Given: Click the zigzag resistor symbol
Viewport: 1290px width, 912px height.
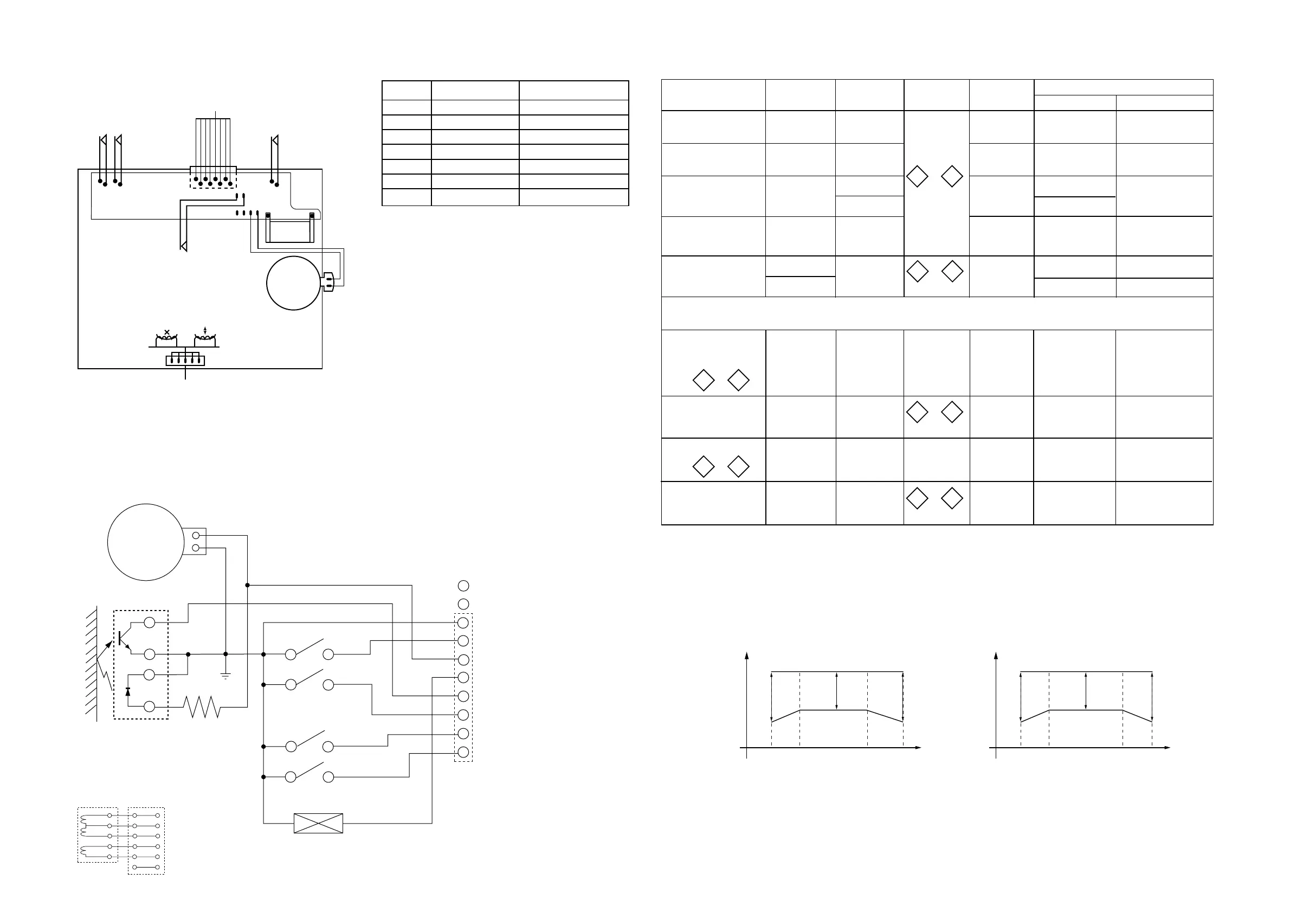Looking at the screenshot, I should [202, 707].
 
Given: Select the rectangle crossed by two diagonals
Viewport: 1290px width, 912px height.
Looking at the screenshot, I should [319, 823].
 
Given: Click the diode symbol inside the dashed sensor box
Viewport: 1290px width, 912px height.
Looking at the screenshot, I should [128, 692].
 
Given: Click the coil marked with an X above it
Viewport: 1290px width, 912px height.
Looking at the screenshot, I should [166, 338].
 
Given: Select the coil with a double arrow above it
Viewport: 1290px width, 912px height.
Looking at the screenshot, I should [205, 338].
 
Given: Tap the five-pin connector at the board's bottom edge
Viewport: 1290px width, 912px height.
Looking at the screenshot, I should [185, 360].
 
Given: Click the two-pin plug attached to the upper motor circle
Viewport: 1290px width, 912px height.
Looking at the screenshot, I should [327, 281].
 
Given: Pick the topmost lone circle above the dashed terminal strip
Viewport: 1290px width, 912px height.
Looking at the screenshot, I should [463, 586].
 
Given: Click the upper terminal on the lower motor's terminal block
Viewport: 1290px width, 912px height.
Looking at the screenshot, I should [196, 536].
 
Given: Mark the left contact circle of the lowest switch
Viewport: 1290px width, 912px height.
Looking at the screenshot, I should [291, 777].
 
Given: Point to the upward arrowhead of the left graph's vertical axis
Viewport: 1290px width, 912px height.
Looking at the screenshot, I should [747, 654].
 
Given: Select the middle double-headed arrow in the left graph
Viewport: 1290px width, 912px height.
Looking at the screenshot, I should [836, 691].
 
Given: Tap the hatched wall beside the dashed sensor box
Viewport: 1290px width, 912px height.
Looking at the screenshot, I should [91, 663].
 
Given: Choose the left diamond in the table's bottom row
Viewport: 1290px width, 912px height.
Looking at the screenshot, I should [917, 498].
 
